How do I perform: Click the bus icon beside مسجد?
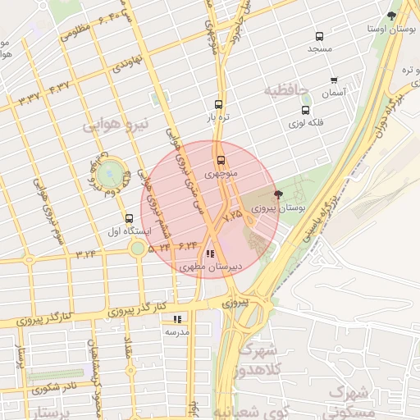click(x=319, y=36)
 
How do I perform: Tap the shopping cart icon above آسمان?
click(x=334, y=80)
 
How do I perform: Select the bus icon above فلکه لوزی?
click(x=306, y=110)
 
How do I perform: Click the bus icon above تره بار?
click(x=218, y=104)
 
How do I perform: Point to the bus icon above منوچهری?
click(x=220, y=161)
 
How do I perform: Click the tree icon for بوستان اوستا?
click(x=391, y=16)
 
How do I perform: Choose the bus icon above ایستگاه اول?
click(x=129, y=218)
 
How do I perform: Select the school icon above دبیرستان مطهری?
click(x=211, y=254)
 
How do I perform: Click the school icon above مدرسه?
click(x=177, y=319)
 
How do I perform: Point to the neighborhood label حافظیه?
click(x=286, y=89)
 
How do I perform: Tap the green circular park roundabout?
click(x=108, y=173)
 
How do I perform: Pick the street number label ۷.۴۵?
click(x=232, y=215)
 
